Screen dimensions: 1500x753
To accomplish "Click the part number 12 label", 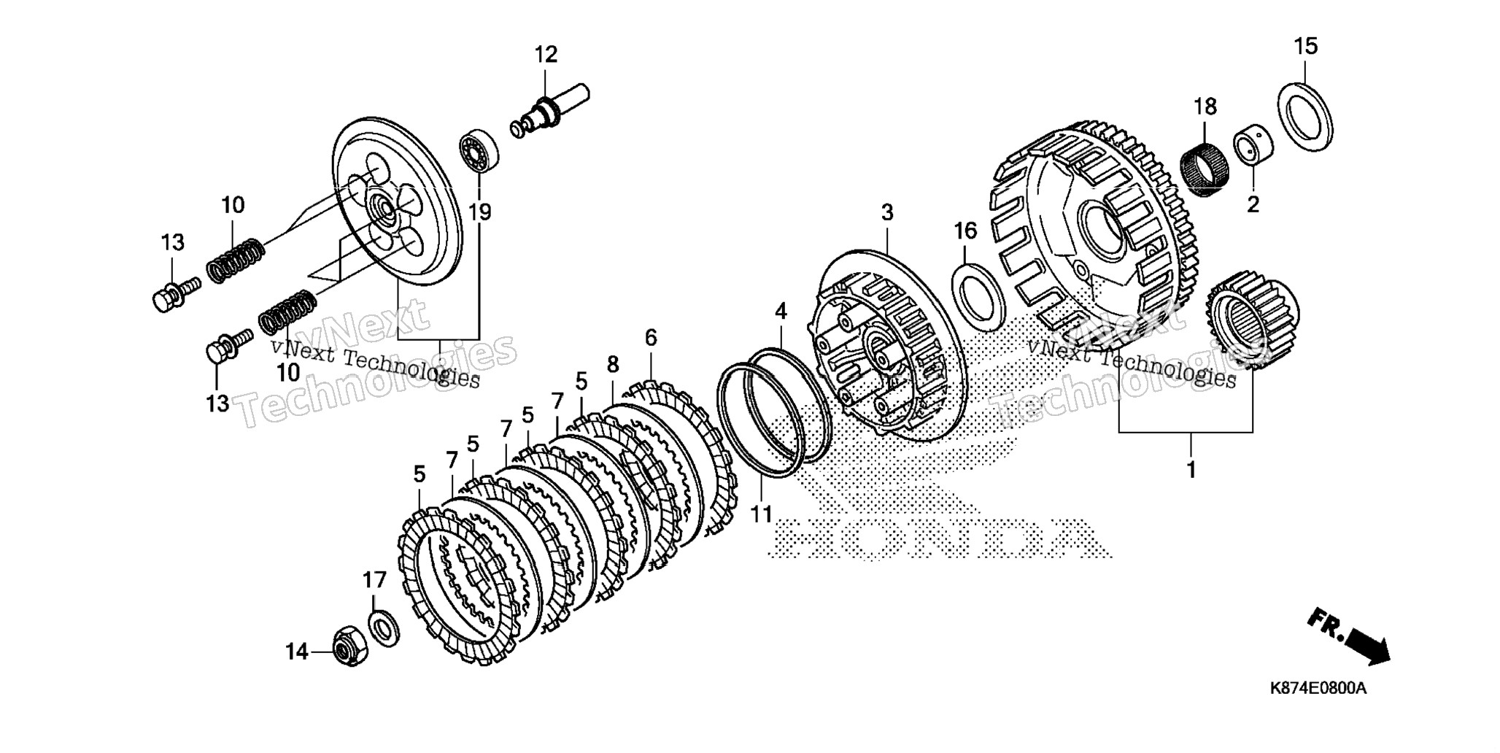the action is click(x=546, y=55).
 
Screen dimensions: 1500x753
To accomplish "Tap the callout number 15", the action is click(x=1306, y=47).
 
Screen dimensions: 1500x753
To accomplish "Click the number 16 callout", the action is click(x=964, y=231).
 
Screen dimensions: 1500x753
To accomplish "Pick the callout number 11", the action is click(x=761, y=514).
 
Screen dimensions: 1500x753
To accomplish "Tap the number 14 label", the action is click(x=297, y=652).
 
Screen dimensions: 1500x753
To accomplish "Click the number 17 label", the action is click(x=374, y=581).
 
